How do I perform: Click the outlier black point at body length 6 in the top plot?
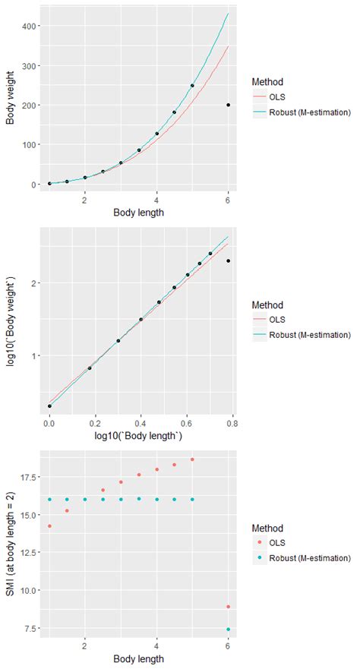coord(228,106)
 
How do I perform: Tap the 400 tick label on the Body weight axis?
coord(31,27)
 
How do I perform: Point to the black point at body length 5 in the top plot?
coord(192,86)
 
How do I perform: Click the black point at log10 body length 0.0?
coord(49,406)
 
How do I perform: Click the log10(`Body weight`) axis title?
coord(10,321)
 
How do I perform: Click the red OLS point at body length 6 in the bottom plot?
coord(228,607)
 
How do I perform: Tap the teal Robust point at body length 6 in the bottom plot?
coord(228,630)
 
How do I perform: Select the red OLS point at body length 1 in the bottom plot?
coord(49,526)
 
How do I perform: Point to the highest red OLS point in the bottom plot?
coord(192,459)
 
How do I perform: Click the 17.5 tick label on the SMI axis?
coord(29,477)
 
